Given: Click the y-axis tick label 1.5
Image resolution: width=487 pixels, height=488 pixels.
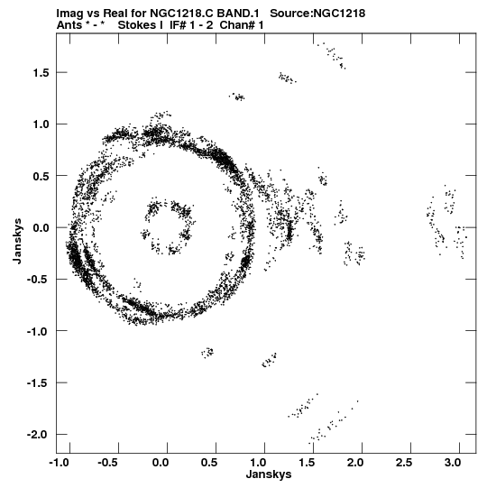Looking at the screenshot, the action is click(41, 73).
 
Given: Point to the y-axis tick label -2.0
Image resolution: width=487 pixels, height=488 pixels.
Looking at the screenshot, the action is click(38, 435).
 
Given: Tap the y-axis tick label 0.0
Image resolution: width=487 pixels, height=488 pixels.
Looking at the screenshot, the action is click(41, 228).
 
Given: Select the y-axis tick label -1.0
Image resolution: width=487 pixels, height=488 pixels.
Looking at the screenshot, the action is click(38, 331).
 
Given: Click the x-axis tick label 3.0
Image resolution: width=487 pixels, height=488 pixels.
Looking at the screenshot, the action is click(453, 463).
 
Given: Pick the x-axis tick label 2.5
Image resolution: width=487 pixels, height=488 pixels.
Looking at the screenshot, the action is click(404, 463).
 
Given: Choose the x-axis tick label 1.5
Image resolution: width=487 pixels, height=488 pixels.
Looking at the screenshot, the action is click(307, 463).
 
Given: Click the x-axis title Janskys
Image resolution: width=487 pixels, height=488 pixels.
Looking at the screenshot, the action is click(269, 474).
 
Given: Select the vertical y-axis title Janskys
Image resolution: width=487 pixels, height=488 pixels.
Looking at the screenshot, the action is click(18, 242).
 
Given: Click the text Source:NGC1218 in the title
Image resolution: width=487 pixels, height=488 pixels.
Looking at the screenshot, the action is click(317, 14).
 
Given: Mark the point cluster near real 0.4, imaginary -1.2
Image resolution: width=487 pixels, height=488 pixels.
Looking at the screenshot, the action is click(207, 353).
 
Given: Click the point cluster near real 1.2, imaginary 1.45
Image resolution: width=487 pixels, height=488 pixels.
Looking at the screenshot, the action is click(286, 78).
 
